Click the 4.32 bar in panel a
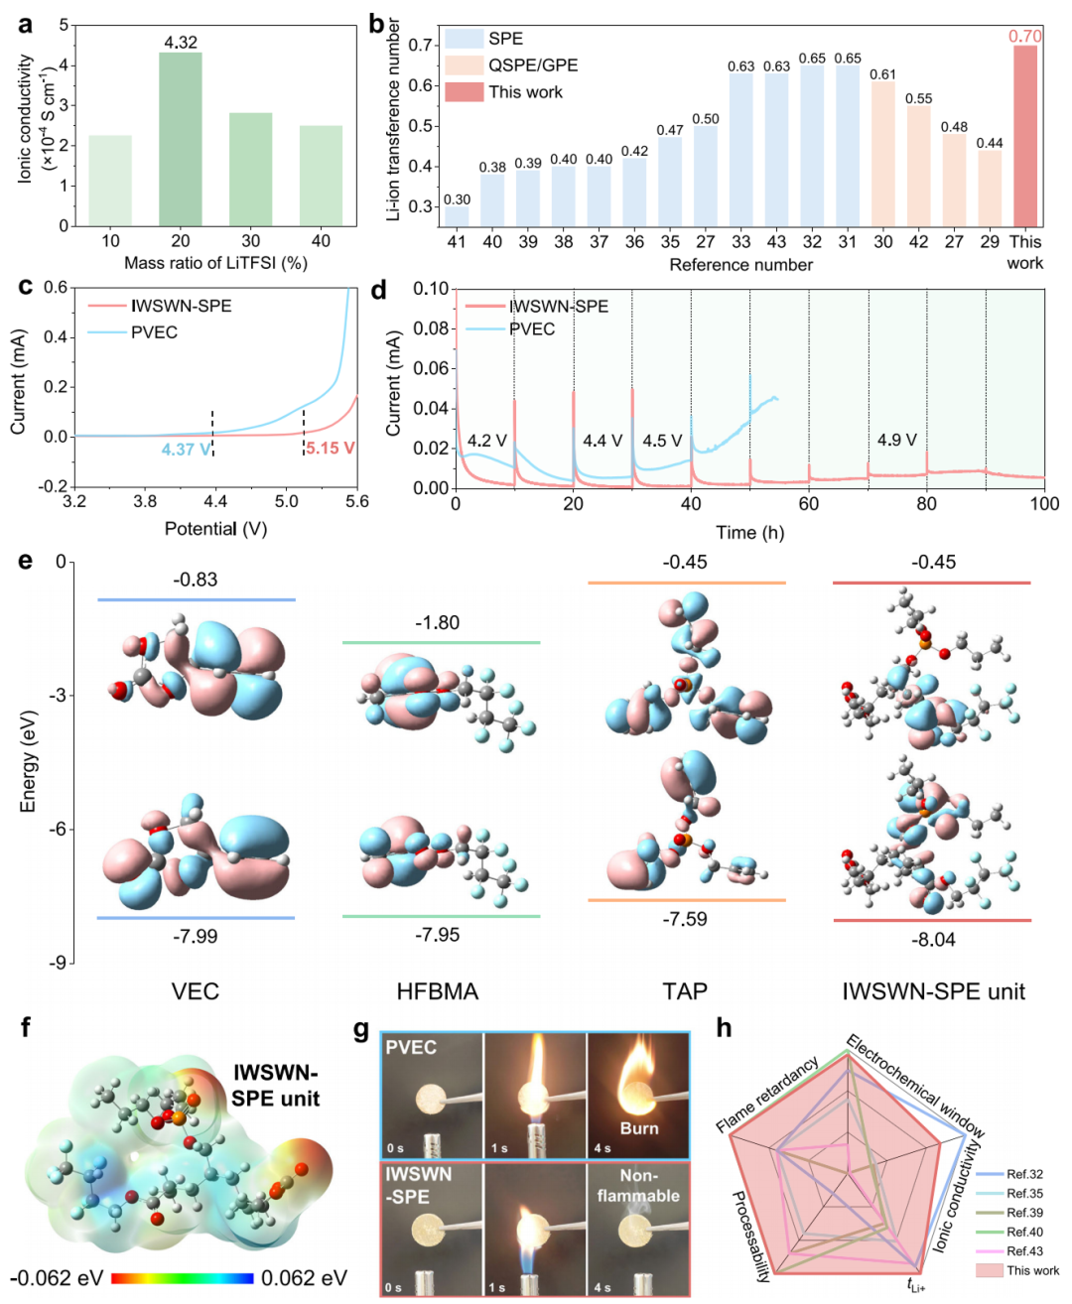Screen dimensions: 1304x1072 (180, 138)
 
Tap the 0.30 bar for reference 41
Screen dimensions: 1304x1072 (457, 216)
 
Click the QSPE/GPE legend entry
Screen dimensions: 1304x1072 (532, 65)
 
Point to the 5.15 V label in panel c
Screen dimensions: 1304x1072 (330, 449)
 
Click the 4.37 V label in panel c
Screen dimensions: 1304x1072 (186, 450)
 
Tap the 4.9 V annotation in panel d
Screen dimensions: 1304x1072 (896, 440)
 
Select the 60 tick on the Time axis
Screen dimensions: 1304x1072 (809, 504)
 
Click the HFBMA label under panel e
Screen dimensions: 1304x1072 (437, 991)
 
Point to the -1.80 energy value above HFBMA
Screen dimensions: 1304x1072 (437, 623)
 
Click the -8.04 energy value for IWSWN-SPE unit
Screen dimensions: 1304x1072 (933, 939)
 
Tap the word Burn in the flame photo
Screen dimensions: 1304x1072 (638, 1128)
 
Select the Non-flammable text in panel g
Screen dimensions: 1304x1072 (638, 1186)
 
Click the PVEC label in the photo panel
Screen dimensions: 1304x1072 (411, 1047)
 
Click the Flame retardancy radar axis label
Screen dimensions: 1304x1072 (767, 1095)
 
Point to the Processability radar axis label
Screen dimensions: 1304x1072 (750, 1237)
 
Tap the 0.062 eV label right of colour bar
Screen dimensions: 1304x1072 (304, 1278)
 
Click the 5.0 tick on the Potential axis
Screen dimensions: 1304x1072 (286, 502)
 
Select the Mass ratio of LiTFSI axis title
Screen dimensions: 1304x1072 (215, 263)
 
